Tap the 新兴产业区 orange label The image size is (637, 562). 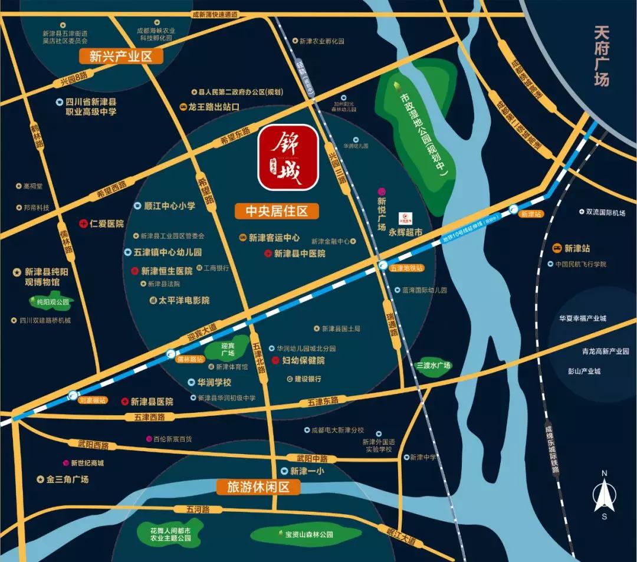coord(121,57)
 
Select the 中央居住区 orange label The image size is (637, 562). coord(277,211)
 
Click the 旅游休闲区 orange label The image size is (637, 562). coord(259,487)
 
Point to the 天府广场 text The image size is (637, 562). coord(601,56)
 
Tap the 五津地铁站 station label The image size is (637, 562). coord(407,268)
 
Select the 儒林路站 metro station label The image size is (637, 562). coord(191,358)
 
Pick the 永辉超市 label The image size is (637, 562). coord(406,233)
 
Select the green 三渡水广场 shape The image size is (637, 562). coord(433,365)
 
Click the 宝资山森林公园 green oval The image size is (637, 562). coord(301,534)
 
